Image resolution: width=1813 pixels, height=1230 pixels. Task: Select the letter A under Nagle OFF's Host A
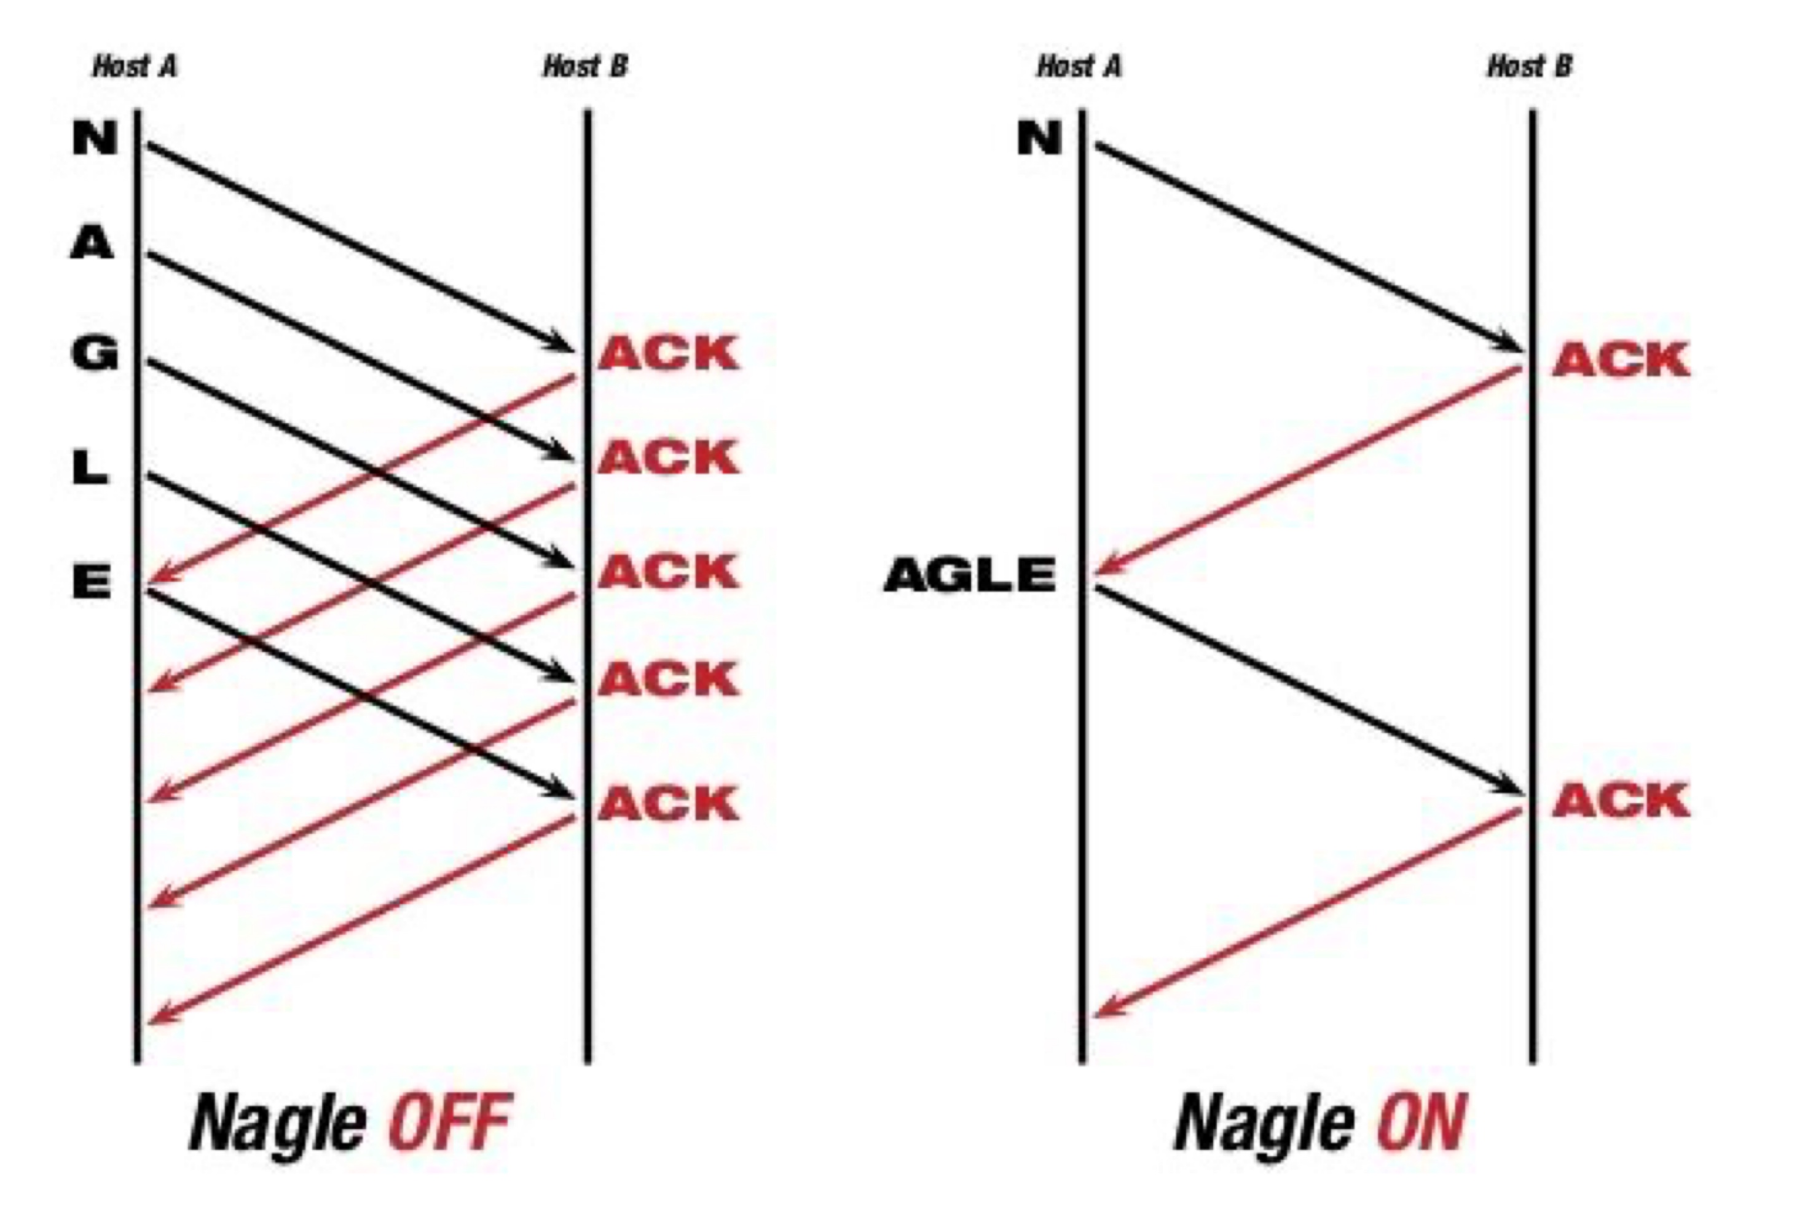click(93, 244)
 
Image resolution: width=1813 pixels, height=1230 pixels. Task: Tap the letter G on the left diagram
click(95, 354)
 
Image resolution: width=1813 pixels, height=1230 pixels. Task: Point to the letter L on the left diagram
click(90, 469)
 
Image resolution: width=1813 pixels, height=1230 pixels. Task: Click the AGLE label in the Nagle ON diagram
click(970, 576)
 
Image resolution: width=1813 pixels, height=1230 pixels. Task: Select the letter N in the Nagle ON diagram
click(1039, 139)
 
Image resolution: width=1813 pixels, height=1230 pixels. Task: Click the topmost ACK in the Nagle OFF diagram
click(669, 354)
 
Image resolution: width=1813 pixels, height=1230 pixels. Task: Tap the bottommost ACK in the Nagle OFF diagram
click(669, 803)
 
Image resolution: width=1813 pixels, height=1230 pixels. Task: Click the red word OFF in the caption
click(450, 1123)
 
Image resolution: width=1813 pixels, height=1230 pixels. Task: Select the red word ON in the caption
click(1422, 1123)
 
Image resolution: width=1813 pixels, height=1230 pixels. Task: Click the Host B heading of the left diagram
click(585, 67)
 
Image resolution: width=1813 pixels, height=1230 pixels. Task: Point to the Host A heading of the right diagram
click(1079, 67)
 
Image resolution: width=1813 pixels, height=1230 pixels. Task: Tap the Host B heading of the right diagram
click(1529, 67)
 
